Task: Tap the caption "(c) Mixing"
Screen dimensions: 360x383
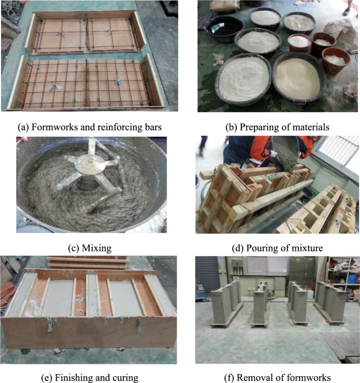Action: point(89,248)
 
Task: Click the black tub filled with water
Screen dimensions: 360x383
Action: point(224,28)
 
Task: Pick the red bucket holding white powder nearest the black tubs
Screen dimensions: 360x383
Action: point(300,43)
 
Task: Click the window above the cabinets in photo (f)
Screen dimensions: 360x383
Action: point(268,265)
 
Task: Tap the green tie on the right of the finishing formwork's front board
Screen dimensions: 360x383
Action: point(139,324)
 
